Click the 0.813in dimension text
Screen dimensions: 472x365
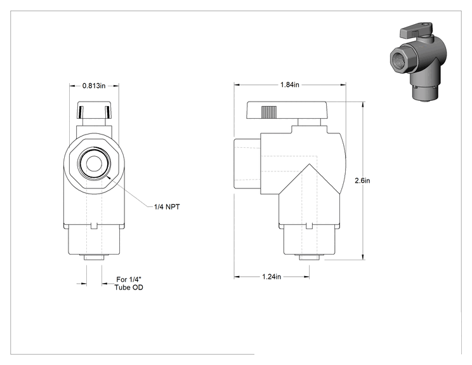point(94,86)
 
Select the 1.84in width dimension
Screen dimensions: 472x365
point(290,85)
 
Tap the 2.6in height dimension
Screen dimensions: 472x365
point(362,181)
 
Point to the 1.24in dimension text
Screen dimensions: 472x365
point(272,277)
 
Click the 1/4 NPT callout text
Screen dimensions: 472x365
point(167,207)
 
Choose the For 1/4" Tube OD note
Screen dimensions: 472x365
point(129,283)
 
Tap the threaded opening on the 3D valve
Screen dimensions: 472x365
point(403,60)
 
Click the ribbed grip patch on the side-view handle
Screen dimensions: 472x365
point(269,112)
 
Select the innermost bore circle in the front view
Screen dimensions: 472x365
point(94,164)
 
